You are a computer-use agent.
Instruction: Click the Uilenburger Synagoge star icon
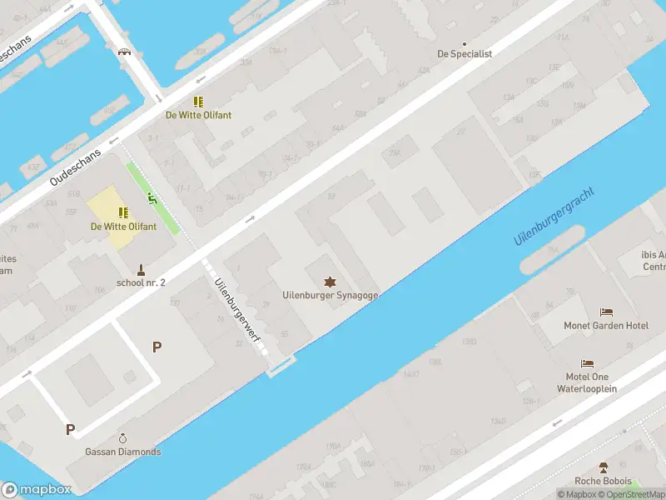click(331, 281)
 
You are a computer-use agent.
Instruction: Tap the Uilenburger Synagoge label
click(331, 295)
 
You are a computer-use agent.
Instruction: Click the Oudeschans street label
click(76, 167)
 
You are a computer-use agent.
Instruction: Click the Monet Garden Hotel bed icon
click(606, 312)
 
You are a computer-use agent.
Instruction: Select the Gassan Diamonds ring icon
click(123, 438)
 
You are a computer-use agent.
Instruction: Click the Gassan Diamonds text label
click(123, 452)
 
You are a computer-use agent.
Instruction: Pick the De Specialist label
click(465, 53)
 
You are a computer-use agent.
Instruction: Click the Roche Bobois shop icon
click(604, 467)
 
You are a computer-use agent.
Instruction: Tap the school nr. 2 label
click(141, 282)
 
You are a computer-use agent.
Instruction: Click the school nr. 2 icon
click(142, 269)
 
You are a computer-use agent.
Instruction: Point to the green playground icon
click(152, 197)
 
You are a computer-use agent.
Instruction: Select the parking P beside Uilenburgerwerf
click(156, 347)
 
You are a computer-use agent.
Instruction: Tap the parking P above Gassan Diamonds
click(71, 430)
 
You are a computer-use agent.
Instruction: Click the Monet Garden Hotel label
click(606, 326)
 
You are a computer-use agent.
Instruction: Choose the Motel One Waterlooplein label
click(587, 382)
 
